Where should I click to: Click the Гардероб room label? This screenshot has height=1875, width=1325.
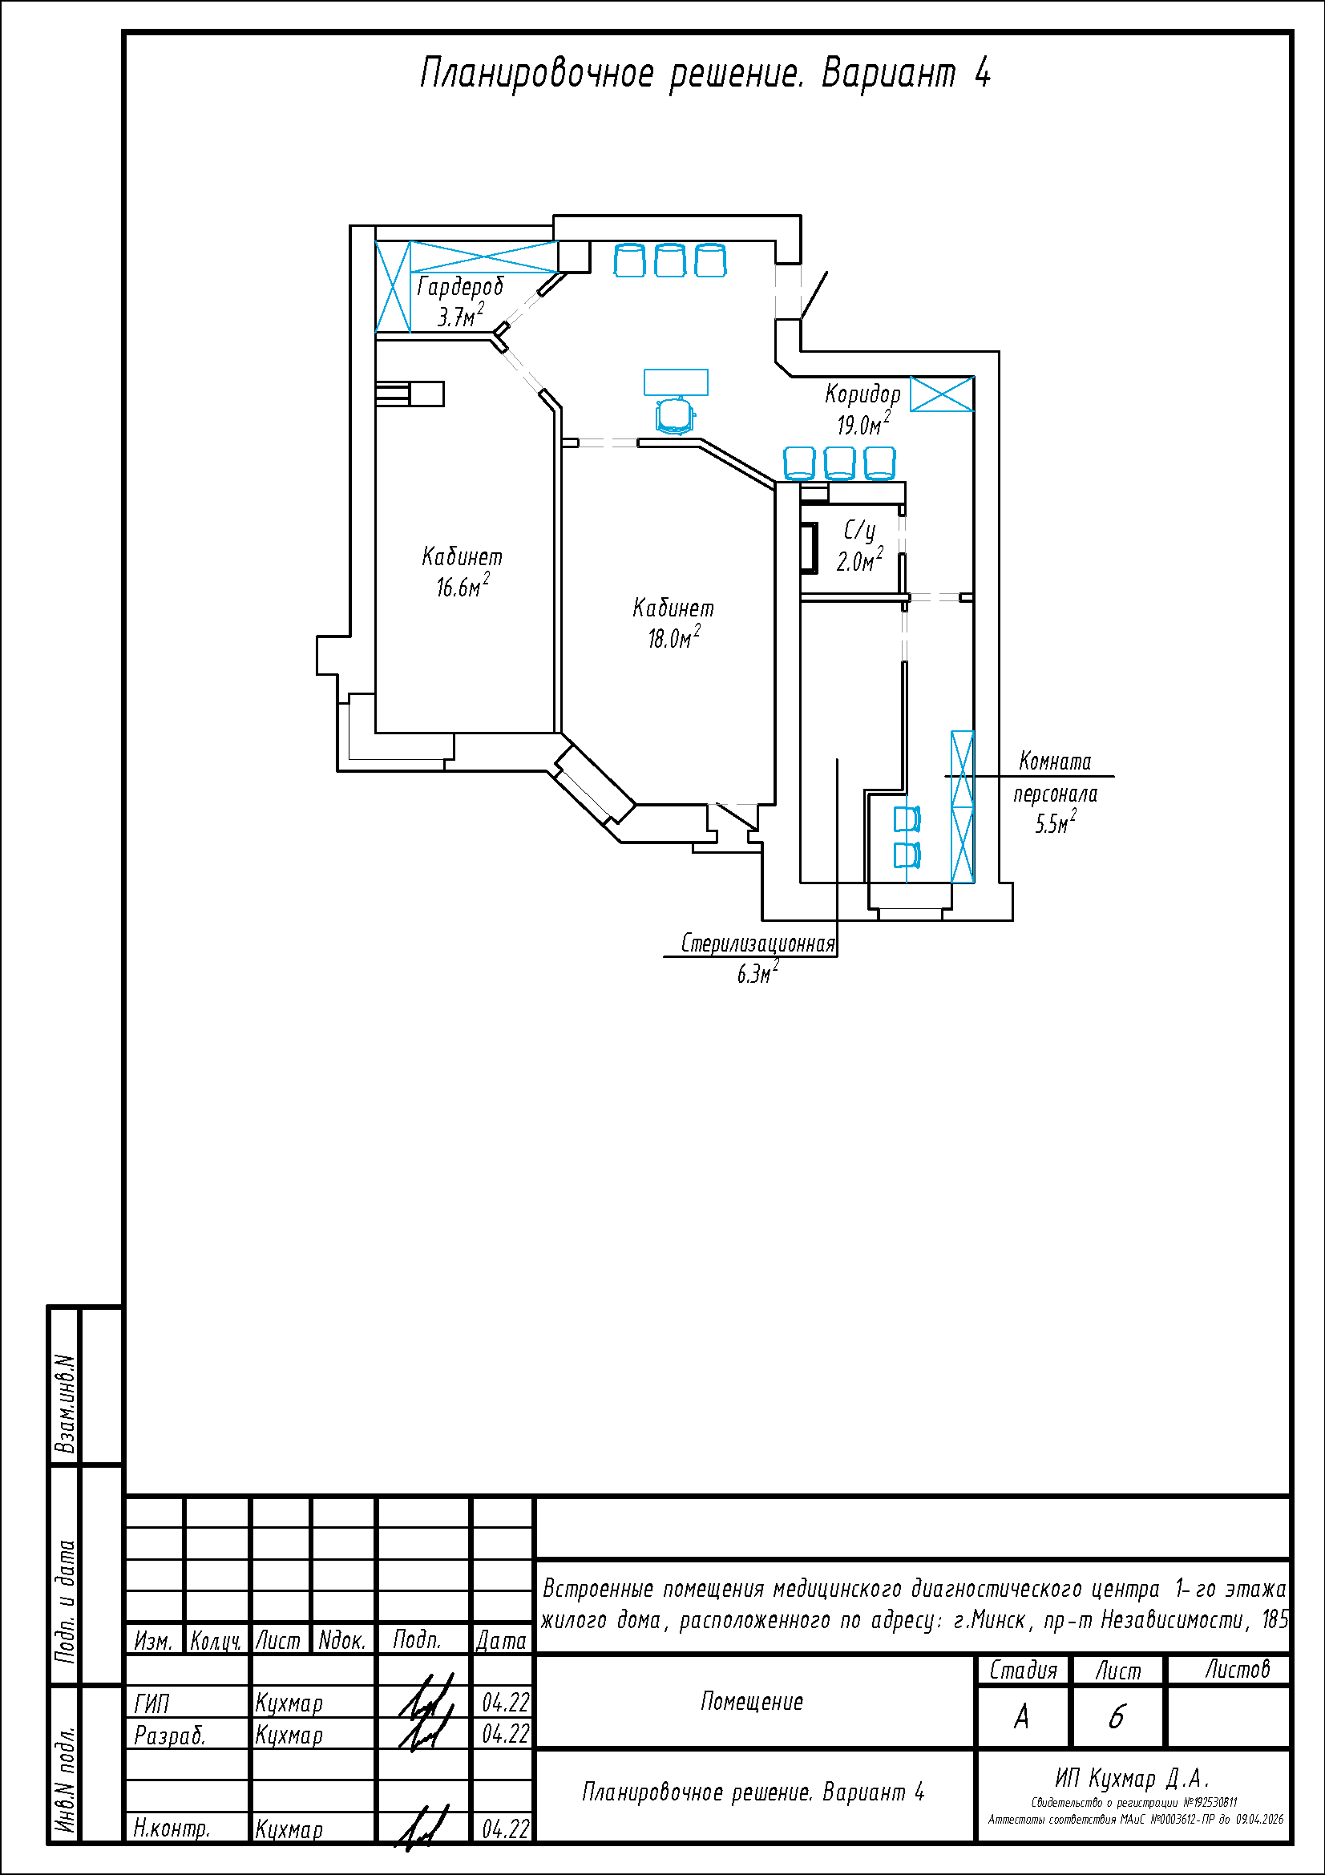coord(460,287)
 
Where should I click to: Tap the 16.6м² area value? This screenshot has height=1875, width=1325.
coord(463,585)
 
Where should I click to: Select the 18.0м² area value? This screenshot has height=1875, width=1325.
coord(674,637)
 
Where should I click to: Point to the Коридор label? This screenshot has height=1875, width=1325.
coord(862,394)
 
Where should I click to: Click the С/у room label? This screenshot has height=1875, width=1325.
coord(859,531)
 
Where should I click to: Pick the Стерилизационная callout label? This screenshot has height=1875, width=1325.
coord(758,944)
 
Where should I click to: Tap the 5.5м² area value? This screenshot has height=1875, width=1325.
coord(1056,822)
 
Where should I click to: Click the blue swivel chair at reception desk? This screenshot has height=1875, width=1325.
coord(675,415)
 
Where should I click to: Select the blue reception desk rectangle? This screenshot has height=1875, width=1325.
coord(676,382)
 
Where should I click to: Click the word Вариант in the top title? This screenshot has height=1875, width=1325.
coord(888,74)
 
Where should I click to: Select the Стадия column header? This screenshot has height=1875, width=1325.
coord(1023,1671)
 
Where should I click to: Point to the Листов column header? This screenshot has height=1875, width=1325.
coord(1238,1670)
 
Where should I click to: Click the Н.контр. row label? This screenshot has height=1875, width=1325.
coord(172,1829)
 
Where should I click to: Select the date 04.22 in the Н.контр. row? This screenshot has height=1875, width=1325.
coord(506,1829)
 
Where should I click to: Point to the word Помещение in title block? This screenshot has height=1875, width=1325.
coord(752,1702)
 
